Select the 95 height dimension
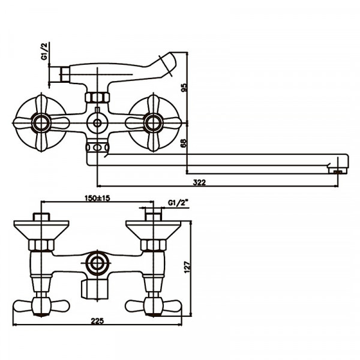point(184,88)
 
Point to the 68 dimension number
point(184,143)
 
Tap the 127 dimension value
point(188,268)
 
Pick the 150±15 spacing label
point(99,199)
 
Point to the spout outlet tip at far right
point(340,170)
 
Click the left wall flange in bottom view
point(41,228)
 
